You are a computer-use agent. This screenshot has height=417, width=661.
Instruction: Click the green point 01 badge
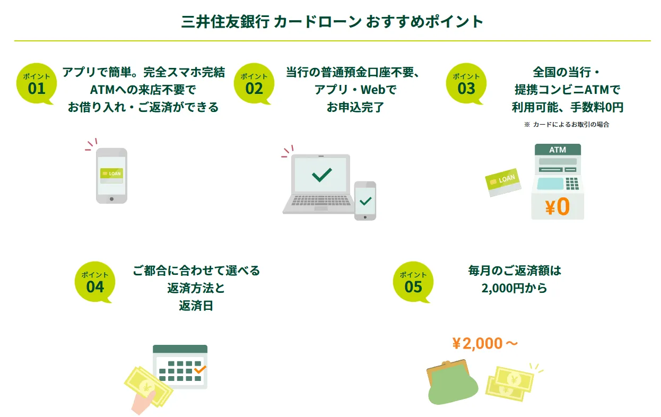click(36, 83)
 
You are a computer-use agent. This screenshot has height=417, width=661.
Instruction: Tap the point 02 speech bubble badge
click(254, 83)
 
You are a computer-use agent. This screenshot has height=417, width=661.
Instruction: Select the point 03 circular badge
click(466, 83)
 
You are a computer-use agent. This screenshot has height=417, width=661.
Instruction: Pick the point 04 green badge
click(95, 282)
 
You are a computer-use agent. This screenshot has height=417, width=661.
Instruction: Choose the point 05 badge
click(413, 282)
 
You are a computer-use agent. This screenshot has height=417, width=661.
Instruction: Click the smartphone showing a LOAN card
click(111, 176)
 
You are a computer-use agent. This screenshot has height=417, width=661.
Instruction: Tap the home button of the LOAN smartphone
click(111, 199)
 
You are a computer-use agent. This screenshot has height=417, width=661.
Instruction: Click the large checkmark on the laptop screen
click(321, 175)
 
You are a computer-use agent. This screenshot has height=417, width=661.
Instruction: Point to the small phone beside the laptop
click(365, 201)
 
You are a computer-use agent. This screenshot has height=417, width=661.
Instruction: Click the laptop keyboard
click(321, 201)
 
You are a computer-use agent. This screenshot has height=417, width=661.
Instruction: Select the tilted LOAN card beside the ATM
click(503, 182)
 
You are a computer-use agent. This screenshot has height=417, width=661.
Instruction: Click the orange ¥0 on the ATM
click(558, 206)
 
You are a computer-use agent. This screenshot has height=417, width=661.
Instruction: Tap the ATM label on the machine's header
click(558, 150)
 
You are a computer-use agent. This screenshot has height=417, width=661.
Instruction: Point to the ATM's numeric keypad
click(572, 184)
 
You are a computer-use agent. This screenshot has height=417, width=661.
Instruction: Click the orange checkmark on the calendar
click(200, 369)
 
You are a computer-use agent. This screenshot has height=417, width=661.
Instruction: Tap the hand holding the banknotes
click(143, 403)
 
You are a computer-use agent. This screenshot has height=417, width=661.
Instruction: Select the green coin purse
click(451, 383)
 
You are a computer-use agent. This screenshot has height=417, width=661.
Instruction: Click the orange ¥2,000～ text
click(485, 343)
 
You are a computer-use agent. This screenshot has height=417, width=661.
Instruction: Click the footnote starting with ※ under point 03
click(567, 125)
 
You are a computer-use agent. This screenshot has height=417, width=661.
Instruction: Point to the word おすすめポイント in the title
click(424, 22)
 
